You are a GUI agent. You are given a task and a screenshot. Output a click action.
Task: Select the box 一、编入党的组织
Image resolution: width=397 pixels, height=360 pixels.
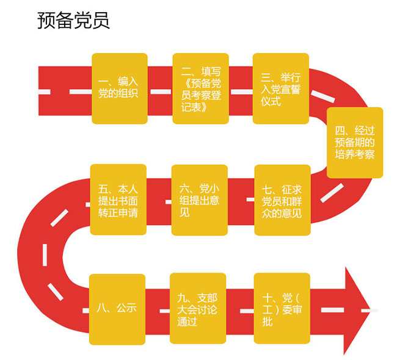pyautogui.click(x=119, y=88)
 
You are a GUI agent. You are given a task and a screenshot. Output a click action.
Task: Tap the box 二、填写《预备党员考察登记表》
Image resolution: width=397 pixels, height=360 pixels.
pyautogui.click(x=200, y=88)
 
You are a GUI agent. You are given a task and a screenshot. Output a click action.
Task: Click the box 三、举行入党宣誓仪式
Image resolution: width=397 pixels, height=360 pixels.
pyautogui.click(x=281, y=88)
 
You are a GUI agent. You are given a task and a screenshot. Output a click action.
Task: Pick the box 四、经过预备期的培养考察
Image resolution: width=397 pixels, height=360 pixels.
pyautogui.click(x=355, y=142)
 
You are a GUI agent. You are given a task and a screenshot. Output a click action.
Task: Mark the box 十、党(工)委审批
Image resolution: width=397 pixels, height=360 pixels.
pyautogui.click(x=281, y=309)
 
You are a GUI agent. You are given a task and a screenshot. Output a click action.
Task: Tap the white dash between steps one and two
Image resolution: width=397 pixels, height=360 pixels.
pyautogui.click(x=160, y=91)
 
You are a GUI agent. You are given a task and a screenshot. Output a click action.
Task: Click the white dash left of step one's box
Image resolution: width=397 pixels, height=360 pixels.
pyautogui.click(x=79, y=91)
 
